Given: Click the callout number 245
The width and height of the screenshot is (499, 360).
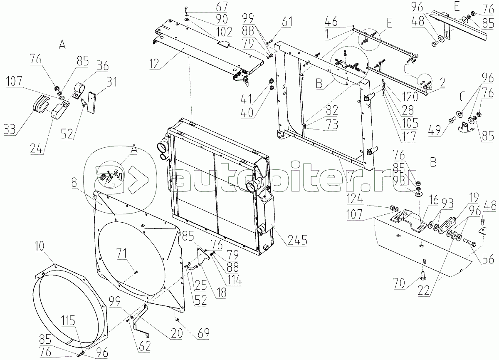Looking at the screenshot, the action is click(x=297, y=240).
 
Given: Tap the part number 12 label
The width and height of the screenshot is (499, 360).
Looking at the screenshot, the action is click(x=154, y=64).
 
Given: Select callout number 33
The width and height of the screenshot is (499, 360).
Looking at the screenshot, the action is click(x=10, y=129).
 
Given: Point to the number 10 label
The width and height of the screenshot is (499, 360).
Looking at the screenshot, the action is click(x=40, y=246).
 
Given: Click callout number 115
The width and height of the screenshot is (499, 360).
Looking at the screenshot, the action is click(x=68, y=320).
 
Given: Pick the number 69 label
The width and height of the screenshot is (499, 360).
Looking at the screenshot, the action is click(x=203, y=333).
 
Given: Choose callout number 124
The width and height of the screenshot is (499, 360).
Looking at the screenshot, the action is click(x=355, y=199).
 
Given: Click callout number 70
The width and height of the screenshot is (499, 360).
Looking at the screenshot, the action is click(x=399, y=283).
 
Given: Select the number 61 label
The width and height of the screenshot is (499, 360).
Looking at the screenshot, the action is click(x=287, y=22).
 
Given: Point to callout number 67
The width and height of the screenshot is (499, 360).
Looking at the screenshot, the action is click(x=222, y=7).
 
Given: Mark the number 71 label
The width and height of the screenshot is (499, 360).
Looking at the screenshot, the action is click(x=122, y=253).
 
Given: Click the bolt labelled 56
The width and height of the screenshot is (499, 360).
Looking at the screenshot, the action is click(x=469, y=243).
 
